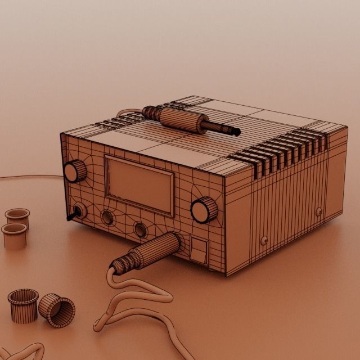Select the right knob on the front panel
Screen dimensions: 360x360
point(204,210)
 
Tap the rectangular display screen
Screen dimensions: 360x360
point(139,184)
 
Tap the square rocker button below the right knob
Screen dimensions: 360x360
point(199,250)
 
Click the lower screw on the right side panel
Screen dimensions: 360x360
point(264,240)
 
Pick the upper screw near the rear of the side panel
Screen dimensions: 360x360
point(319,211)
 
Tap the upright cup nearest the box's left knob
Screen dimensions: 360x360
point(17,216)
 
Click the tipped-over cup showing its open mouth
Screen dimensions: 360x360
point(57,310)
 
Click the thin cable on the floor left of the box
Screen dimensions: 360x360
point(28,177)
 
